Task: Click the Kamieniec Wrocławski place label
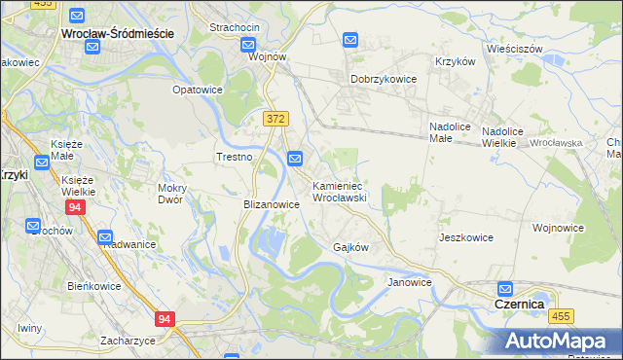tap(338, 191)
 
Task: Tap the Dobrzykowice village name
tap(384, 80)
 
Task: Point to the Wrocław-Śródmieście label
tap(117, 33)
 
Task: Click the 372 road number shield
tap(275, 118)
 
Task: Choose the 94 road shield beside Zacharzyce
tap(165, 318)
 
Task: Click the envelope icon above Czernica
tap(505, 289)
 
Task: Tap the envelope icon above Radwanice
tap(105, 236)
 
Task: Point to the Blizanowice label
tap(271, 205)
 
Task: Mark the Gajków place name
tap(350, 247)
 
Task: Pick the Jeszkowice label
tap(465, 237)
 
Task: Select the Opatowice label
tap(198, 90)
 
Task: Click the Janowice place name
tap(409, 282)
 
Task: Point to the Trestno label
tap(234, 157)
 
